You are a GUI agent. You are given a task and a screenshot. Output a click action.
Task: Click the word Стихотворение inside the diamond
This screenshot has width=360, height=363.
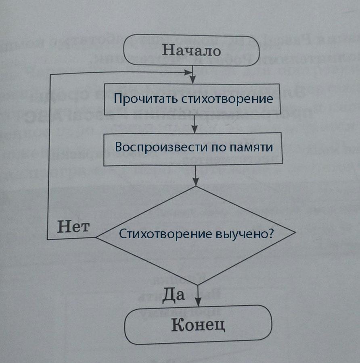click(x=163, y=235)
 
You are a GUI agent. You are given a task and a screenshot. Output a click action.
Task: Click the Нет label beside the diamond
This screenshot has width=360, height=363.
click(x=73, y=227)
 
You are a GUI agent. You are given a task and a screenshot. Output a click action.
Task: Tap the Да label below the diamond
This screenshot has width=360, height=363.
click(x=174, y=295)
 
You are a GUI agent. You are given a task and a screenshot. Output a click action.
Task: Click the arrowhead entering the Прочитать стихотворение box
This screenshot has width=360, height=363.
click(x=195, y=80)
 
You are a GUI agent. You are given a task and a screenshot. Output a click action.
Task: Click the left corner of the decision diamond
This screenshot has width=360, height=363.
click(x=96, y=237)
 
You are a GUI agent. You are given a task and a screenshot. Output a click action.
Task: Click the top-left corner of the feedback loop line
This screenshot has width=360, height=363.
click(x=49, y=75)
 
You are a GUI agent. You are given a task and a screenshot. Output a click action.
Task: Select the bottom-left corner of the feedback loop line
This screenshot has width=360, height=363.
click(x=47, y=239)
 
